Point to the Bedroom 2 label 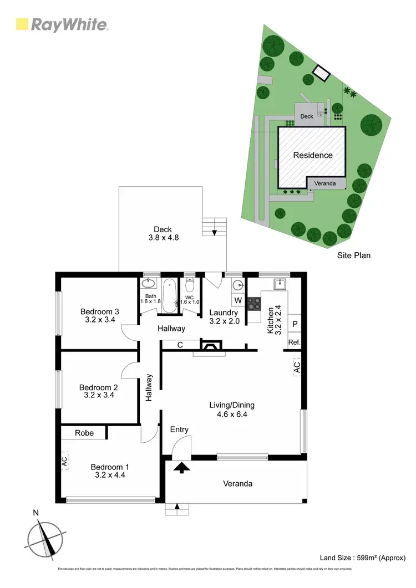click(99, 391)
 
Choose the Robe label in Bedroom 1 click(84, 433)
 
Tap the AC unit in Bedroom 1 click(64, 461)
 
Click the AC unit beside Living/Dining click(297, 367)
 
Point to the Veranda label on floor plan click(237, 484)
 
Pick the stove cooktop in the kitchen click(253, 304)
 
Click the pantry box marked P click(294, 324)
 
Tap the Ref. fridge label click(294, 342)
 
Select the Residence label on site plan click(313, 155)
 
